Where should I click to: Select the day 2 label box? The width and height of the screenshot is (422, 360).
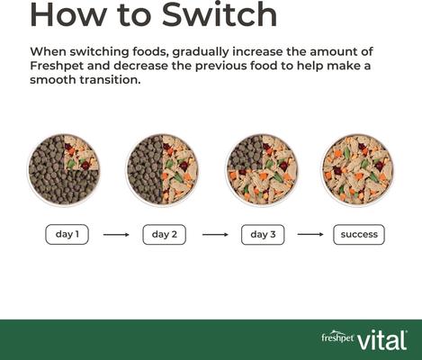tap(164, 234)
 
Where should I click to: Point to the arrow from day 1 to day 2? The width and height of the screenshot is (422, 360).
tap(116, 235)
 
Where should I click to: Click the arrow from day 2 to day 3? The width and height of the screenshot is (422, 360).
tap(214, 235)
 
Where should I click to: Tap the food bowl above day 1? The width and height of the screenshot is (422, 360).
tap(64, 169)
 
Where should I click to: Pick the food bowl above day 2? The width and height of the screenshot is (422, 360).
tap(162, 169)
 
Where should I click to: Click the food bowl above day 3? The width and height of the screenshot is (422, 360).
tap(260, 169)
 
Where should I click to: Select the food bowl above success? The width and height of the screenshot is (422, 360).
tap(358, 169)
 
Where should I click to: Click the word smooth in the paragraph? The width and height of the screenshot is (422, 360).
tap(54, 80)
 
